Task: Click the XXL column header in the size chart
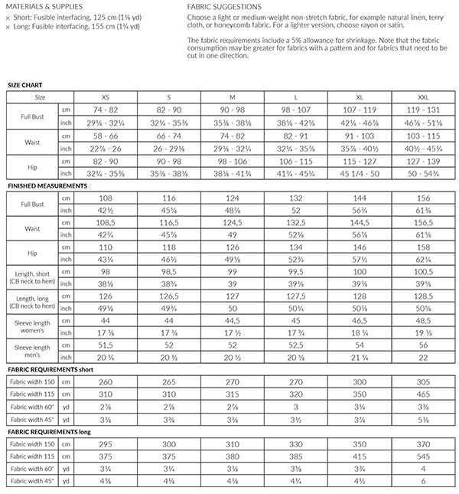click(423, 97)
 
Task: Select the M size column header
click(232, 97)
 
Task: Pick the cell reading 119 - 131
click(423, 110)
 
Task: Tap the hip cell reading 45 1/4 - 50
click(360, 174)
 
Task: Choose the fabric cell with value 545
click(423, 456)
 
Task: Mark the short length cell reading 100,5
click(423, 270)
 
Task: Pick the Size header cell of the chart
click(40, 97)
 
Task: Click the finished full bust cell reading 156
click(423, 197)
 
